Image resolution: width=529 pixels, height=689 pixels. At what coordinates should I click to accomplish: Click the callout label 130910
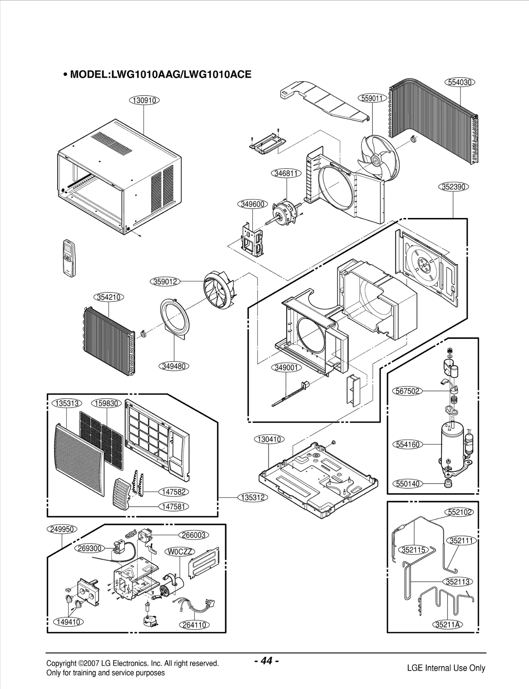(144, 100)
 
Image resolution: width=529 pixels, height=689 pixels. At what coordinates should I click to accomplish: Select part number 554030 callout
(460, 82)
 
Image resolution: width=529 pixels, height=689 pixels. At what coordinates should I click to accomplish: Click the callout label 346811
(286, 173)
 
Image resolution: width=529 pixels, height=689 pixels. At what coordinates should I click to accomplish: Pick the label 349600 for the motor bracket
(253, 204)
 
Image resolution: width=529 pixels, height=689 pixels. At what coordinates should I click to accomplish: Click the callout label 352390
(454, 187)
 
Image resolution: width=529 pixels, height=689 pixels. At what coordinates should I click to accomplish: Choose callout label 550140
(408, 484)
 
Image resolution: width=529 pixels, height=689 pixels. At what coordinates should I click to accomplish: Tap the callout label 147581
(174, 506)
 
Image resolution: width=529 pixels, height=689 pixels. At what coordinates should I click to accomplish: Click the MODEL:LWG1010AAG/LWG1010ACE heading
(157, 74)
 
